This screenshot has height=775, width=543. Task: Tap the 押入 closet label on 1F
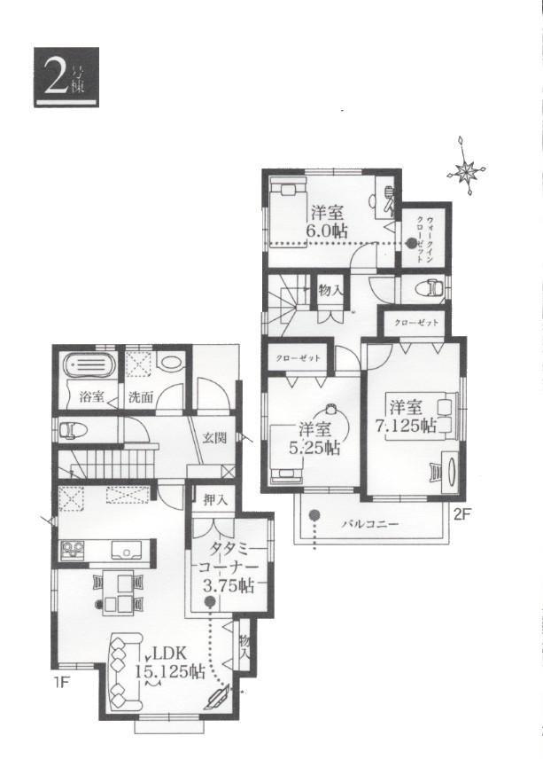(215, 500)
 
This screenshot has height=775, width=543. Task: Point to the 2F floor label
(463, 513)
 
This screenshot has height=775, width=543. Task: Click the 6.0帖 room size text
(327, 230)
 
